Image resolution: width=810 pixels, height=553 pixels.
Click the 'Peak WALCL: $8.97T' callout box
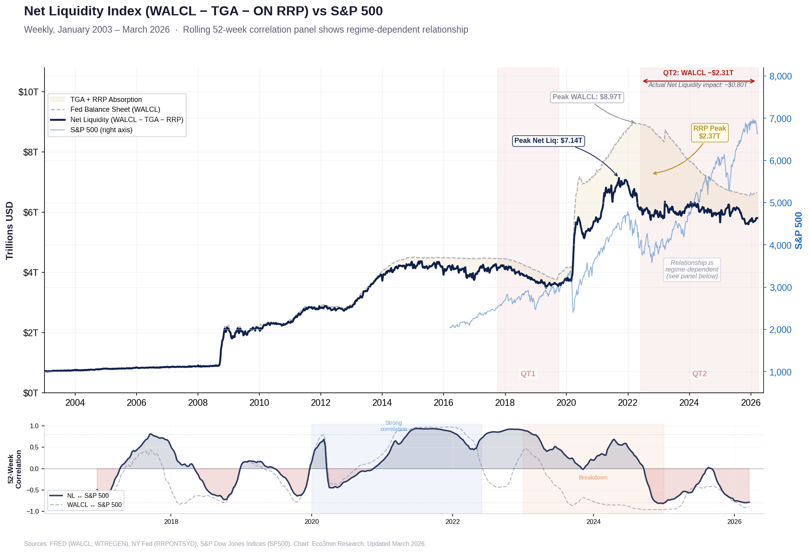point(586,97)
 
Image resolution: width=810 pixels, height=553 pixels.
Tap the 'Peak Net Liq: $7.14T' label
point(548,141)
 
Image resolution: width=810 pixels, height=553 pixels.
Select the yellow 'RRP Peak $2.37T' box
point(710,133)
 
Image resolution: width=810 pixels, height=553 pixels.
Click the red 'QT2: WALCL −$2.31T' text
point(698,73)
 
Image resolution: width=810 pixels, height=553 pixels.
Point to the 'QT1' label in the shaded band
point(528,374)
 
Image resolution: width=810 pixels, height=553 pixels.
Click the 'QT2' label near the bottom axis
point(699,374)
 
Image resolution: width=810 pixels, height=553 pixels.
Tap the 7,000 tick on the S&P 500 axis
point(780,119)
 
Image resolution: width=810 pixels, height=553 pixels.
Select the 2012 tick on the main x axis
point(320,403)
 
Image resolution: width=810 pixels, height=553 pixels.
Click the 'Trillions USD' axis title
point(10,231)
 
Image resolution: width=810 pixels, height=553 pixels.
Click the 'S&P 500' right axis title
point(799,231)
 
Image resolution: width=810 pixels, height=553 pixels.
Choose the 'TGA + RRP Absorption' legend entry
point(106,100)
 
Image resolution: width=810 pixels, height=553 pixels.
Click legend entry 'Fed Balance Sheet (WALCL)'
point(115,110)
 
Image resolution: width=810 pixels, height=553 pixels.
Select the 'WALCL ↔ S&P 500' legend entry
point(94,505)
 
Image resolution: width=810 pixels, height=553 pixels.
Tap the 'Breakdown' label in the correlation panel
point(593,478)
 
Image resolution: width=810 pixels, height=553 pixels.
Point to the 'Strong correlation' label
point(394,426)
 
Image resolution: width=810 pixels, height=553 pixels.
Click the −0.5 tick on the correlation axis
point(34,490)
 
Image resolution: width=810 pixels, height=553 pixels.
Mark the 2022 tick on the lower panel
point(452,522)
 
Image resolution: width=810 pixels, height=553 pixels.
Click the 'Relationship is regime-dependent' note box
point(692,270)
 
